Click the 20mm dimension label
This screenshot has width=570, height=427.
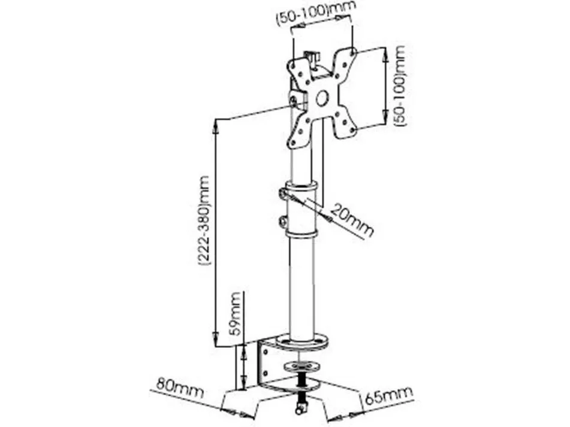(x=352, y=220)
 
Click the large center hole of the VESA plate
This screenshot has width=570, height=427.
(x=322, y=98)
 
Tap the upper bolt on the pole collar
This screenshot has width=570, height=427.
(x=282, y=193)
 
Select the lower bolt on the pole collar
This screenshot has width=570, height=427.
(x=282, y=221)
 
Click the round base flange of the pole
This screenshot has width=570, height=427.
(x=301, y=342)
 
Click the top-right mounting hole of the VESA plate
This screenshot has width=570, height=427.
(x=351, y=52)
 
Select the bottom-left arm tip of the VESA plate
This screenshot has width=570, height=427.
(x=293, y=143)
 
